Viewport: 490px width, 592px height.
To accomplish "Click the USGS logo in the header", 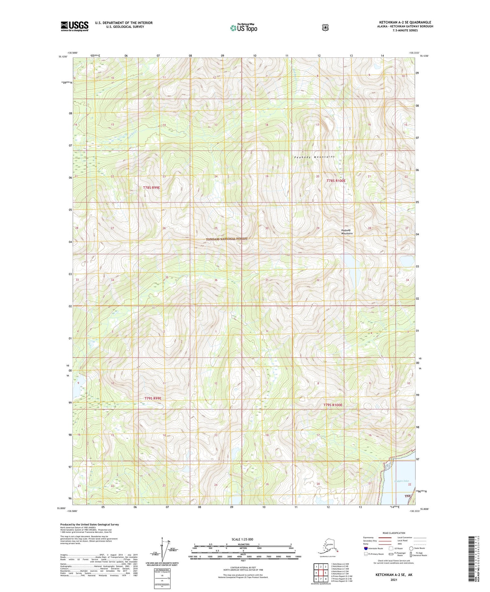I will pyautogui.click(x=74, y=26).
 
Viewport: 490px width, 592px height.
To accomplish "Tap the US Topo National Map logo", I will pyautogui.click(x=243, y=28).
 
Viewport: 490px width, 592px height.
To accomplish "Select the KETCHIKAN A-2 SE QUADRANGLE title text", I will pyautogui.click(x=405, y=23).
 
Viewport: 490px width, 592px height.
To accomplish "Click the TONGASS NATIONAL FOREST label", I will pyautogui.click(x=227, y=239).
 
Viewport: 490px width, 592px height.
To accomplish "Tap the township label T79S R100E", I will pyautogui.click(x=333, y=405).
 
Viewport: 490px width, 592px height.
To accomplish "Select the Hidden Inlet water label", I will pyautogui.click(x=401, y=481).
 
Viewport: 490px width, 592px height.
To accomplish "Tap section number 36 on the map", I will pyautogui.click(x=216, y=280).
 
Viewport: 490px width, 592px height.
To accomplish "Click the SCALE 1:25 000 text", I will pyautogui.click(x=242, y=539).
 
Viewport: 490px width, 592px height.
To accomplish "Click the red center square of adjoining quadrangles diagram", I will pyautogui.click(x=325, y=573).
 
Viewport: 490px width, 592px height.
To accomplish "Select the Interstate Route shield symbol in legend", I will pyautogui.click(x=366, y=548).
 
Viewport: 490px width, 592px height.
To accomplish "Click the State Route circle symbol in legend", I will pyautogui.click(x=411, y=548).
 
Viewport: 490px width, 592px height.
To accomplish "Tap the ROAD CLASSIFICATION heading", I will pyautogui.click(x=395, y=533).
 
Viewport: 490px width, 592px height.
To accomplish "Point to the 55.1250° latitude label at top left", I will pyautogui.click(x=63, y=57).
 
